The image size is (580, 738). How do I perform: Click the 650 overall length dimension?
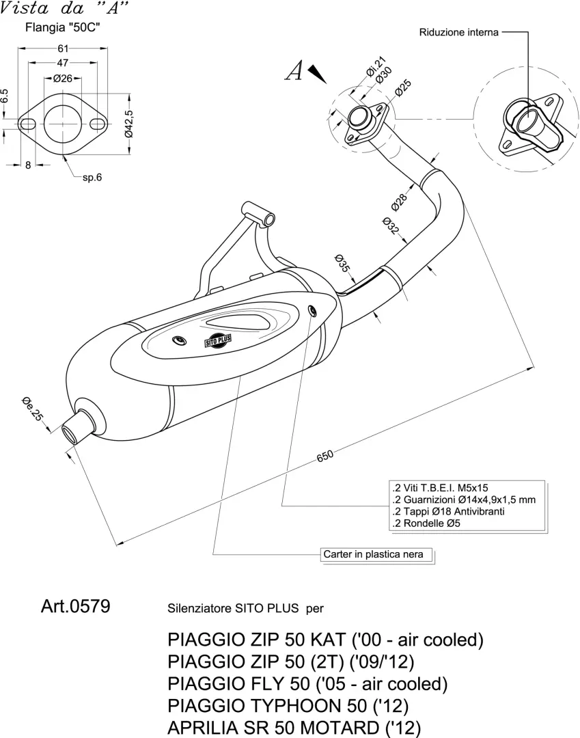(325, 456)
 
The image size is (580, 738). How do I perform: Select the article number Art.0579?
(76, 606)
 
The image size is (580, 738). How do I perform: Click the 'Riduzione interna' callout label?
(458, 33)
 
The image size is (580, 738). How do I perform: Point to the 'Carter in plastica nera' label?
(373, 554)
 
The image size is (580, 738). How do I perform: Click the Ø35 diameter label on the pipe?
(342, 263)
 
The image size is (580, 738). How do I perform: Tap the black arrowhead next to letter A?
(317, 74)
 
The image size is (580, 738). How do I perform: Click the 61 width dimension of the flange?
(63, 48)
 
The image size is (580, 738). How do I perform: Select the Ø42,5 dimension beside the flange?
(129, 124)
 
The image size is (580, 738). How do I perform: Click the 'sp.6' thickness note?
(92, 178)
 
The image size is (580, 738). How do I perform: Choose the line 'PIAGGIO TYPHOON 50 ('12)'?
(288, 705)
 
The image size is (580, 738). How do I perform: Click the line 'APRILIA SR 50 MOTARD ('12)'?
(294, 728)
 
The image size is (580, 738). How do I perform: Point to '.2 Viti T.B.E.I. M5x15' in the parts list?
(440, 488)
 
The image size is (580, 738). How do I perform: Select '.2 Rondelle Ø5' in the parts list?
(426, 523)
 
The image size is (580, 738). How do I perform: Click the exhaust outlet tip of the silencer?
(72, 430)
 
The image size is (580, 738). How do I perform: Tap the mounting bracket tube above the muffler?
(258, 214)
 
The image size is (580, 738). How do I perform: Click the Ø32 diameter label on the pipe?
(391, 226)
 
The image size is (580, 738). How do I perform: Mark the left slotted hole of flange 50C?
(27, 124)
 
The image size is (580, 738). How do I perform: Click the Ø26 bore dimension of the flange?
(63, 78)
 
